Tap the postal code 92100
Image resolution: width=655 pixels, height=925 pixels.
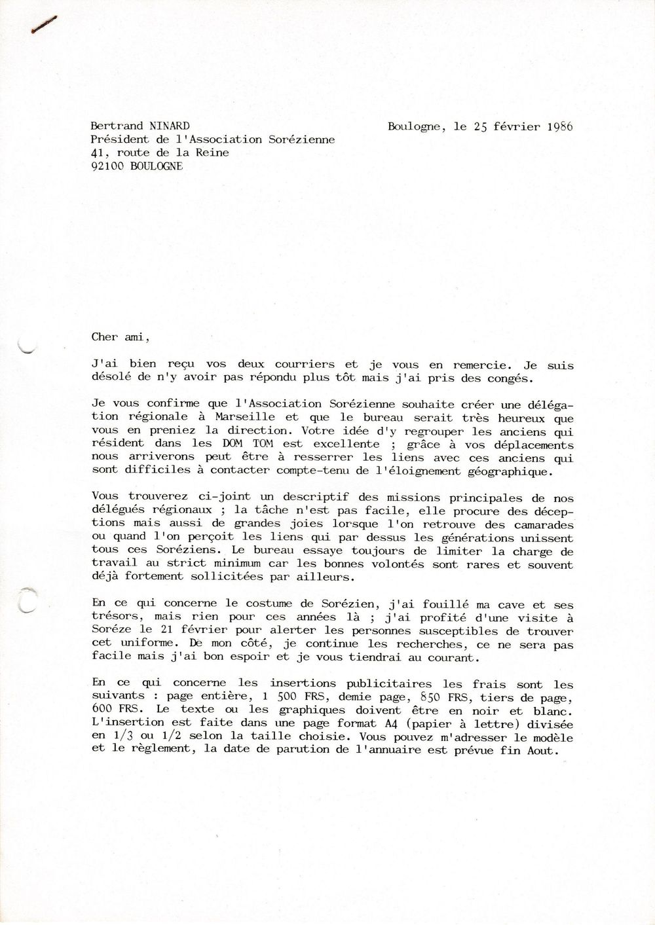pos(108,166)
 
